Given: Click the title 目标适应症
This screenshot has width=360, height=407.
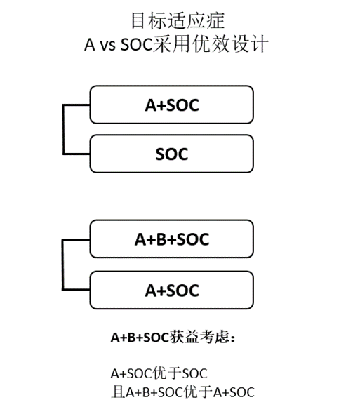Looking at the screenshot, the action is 178,21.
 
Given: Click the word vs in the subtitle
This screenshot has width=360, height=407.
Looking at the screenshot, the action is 107,45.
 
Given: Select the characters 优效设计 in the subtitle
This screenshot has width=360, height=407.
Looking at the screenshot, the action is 229,44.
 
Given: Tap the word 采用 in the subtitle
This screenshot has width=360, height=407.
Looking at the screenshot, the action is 171,44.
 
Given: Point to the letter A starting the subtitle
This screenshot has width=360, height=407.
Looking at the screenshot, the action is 90,45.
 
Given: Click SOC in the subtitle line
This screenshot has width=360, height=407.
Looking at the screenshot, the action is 137,45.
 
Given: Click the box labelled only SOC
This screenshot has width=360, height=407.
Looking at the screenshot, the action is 171,154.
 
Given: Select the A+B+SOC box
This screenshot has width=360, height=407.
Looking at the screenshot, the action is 171,239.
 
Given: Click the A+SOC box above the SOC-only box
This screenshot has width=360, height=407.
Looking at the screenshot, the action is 171,105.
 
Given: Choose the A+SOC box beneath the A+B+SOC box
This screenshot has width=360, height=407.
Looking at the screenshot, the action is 171,291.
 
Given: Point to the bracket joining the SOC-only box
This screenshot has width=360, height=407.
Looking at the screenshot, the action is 63,129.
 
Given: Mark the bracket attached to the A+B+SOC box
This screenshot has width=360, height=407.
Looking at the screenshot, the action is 62,265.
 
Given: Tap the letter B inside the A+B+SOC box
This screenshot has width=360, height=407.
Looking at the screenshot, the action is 161,239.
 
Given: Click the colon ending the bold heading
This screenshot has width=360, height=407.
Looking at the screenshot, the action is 232,338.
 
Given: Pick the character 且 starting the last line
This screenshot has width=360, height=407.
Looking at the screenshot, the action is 118,392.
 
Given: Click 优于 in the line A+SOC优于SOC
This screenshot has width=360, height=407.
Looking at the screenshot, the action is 166,373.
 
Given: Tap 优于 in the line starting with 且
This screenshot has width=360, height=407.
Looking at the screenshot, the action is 198,392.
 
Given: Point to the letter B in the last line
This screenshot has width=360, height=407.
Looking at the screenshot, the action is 146,392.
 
